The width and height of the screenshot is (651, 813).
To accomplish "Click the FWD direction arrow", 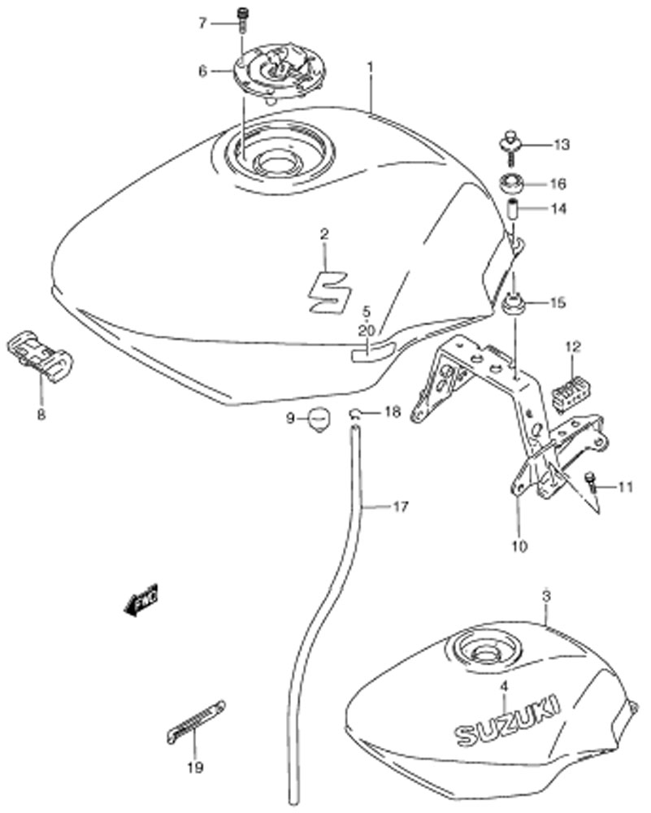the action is (141, 600).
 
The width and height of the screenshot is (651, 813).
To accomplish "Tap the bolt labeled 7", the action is (241, 20).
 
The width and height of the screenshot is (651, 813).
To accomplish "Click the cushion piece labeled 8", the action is (41, 356).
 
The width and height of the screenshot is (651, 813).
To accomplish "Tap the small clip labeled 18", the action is (355, 413).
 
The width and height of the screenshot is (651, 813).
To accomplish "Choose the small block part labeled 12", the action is (568, 391).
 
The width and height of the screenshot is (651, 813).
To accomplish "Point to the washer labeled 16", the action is (511, 183).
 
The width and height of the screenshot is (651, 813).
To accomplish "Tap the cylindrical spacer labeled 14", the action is (513, 208).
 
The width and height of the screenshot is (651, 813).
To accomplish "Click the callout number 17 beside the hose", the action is (401, 506).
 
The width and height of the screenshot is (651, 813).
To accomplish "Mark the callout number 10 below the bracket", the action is (519, 546).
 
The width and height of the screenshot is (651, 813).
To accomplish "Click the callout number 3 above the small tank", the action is (545, 597).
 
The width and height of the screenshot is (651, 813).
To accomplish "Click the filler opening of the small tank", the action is (484, 647).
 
